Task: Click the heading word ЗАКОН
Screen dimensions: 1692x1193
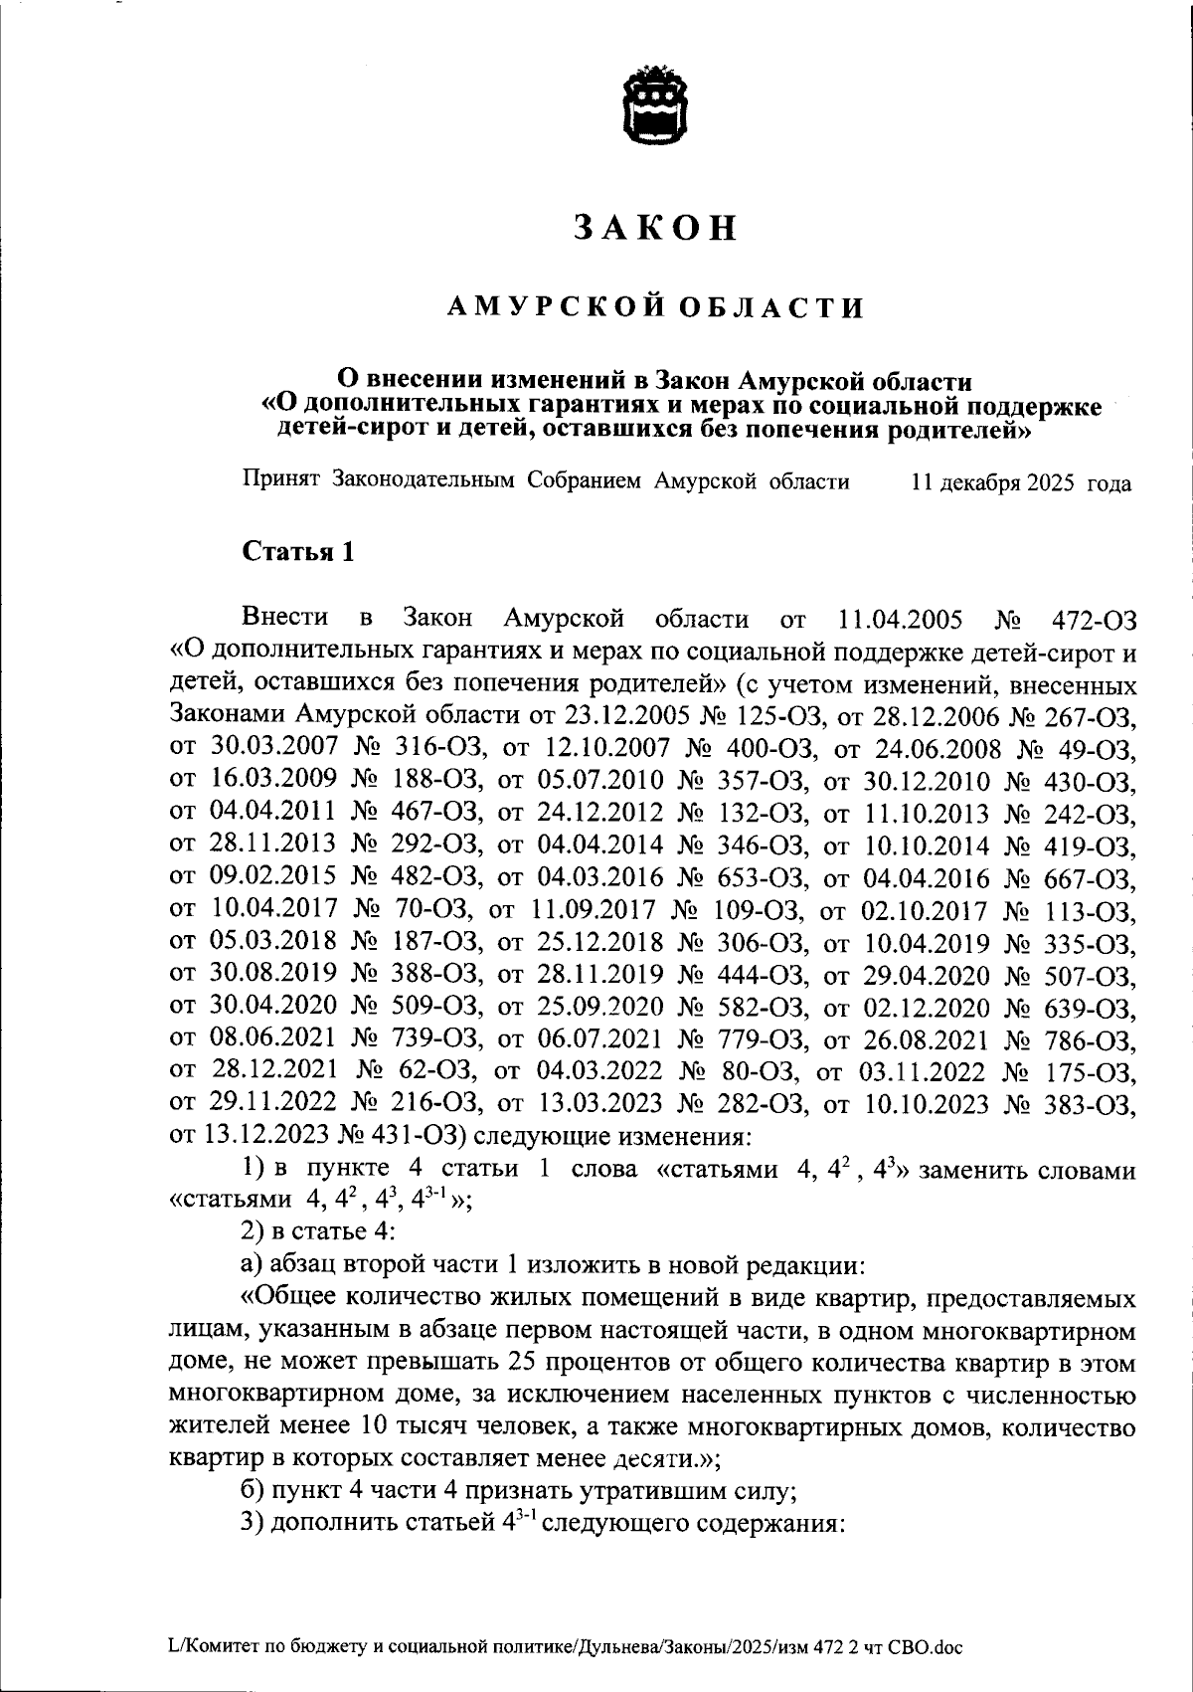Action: pyautogui.click(x=656, y=228)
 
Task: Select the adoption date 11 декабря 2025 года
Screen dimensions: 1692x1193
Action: pyautogui.click(x=1021, y=484)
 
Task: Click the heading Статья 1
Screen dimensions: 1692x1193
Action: pyautogui.click(x=298, y=552)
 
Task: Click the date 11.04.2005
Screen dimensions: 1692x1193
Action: pyautogui.click(x=900, y=620)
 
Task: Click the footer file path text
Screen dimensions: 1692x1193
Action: pyautogui.click(x=565, y=1646)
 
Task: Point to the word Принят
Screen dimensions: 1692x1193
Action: pyautogui.click(x=280, y=482)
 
